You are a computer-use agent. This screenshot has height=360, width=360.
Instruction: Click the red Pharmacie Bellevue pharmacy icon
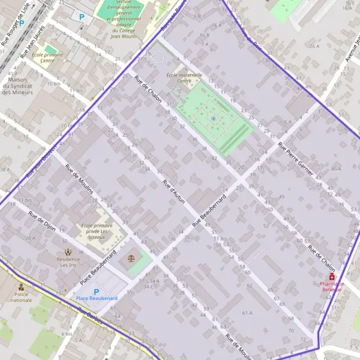(332, 277)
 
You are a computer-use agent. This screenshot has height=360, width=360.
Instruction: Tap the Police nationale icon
(22, 287)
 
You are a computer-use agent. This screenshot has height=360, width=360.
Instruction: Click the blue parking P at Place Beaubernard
(96, 292)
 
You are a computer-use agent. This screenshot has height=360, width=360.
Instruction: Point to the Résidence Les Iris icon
(67, 252)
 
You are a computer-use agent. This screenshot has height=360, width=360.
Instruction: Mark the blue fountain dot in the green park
(213, 119)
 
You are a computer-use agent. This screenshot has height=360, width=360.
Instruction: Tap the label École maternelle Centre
(185, 78)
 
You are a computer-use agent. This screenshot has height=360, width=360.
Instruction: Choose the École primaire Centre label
(47, 58)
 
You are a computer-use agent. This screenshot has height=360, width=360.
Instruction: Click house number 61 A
(247, 313)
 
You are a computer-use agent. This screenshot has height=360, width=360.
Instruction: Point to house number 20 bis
(67, 125)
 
